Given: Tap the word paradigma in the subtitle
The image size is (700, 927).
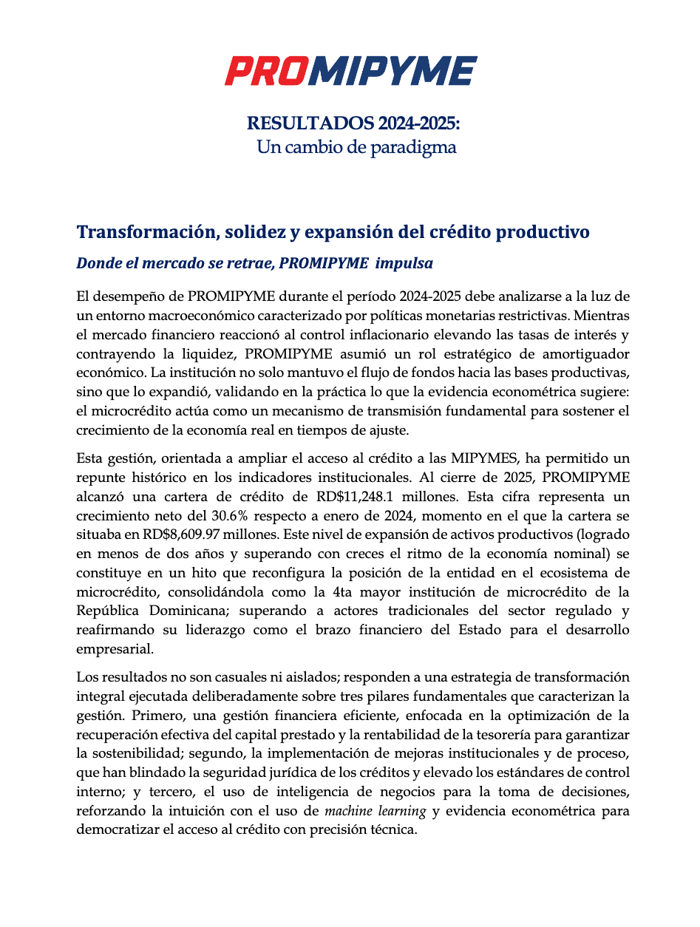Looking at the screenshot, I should pyautogui.click(x=414, y=147).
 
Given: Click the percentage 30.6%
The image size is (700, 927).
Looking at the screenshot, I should pyautogui.click(x=223, y=515).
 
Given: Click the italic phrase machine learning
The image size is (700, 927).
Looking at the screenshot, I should pyautogui.click(x=376, y=811).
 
